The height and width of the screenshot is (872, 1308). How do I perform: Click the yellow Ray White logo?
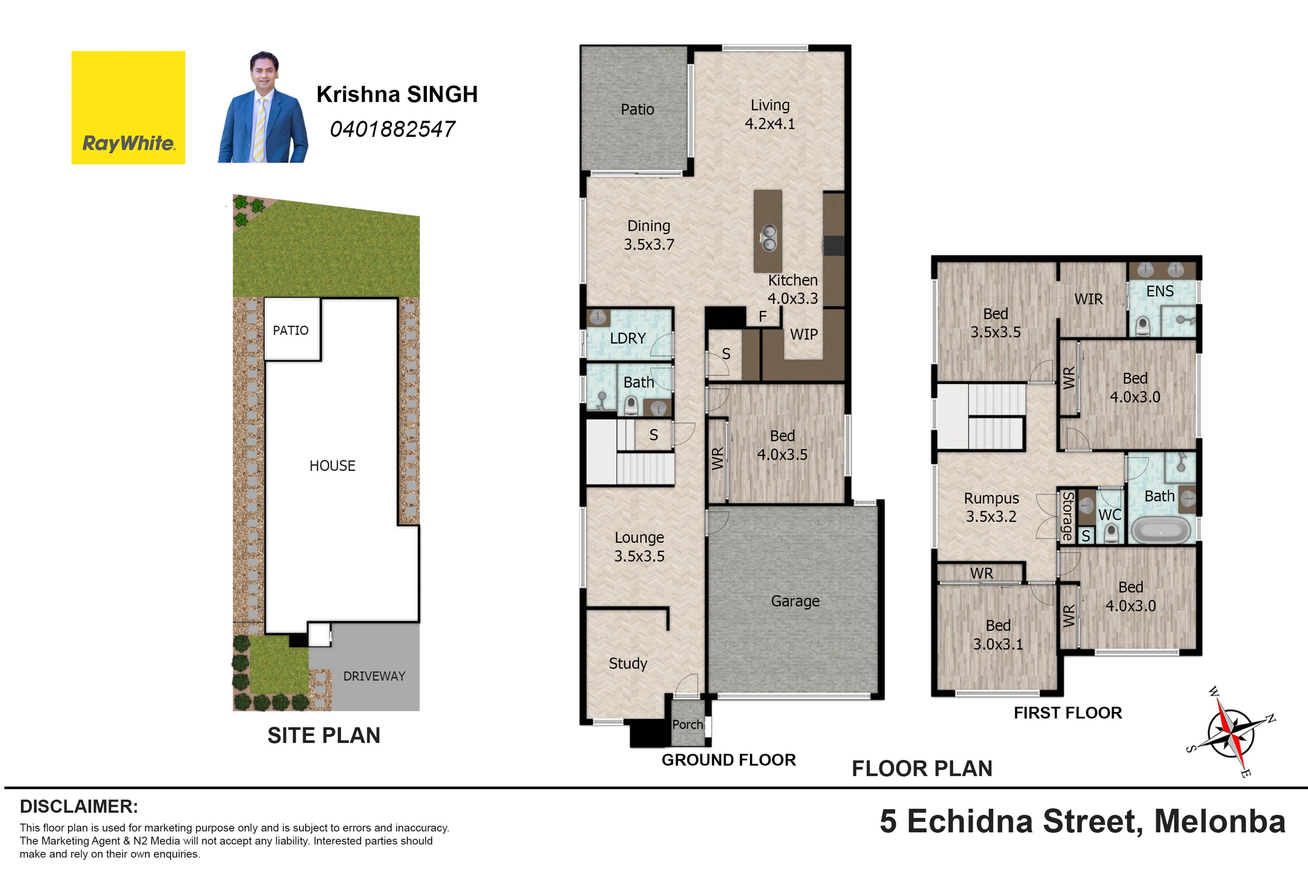(x=128, y=107)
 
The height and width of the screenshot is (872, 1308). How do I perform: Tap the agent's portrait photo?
(x=263, y=107)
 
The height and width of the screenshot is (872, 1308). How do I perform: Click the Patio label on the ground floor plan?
(x=637, y=110)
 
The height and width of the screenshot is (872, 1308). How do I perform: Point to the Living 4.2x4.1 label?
(x=770, y=114)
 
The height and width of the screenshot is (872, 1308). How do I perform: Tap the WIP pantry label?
(x=803, y=334)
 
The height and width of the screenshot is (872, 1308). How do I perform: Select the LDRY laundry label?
(x=628, y=338)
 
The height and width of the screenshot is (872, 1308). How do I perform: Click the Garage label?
(x=795, y=601)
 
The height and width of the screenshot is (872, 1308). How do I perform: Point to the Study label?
(x=628, y=663)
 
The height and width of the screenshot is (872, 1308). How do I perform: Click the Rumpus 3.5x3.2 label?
(x=991, y=507)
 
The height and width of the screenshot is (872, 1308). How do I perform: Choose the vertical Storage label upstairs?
(x=1067, y=516)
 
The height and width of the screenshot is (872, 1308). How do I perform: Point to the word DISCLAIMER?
(x=79, y=806)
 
